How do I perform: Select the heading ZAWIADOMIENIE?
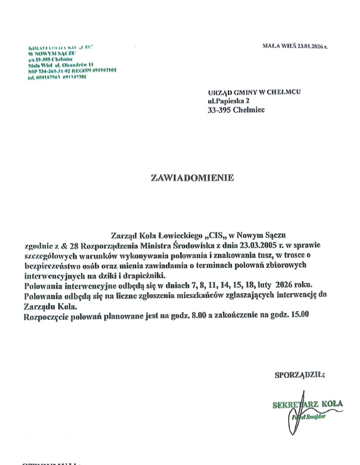[x=192, y=178]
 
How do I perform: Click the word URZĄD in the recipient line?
[x=218, y=92]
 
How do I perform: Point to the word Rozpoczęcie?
[x=45, y=315]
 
